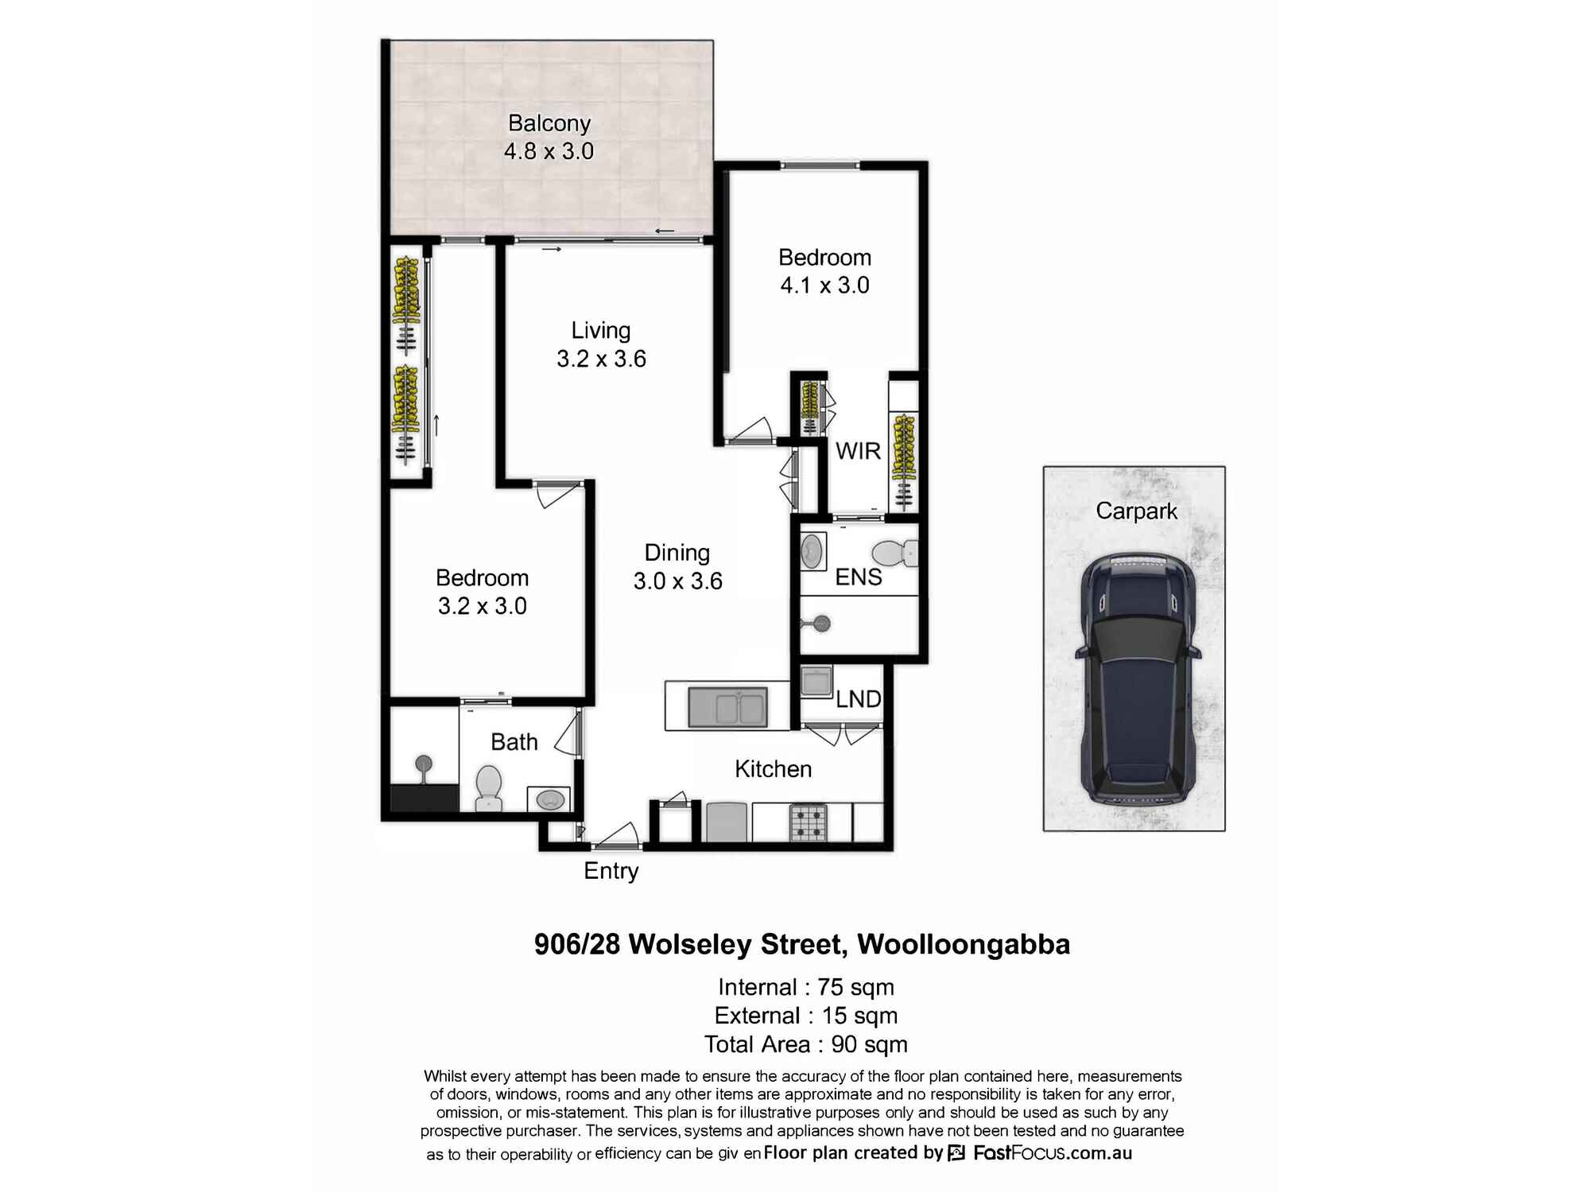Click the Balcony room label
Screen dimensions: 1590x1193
[x=549, y=123]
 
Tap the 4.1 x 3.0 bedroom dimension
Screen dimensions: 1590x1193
[x=824, y=285]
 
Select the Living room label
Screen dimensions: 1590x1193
[x=601, y=331]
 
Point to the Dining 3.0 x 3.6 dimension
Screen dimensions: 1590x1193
[x=677, y=581]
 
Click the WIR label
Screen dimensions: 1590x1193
[x=858, y=451]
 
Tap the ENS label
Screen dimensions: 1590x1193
[x=859, y=577]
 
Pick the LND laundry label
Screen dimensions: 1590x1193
[x=859, y=699]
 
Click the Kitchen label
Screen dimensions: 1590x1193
[x=773, y=769]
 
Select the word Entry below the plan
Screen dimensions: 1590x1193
[x=611, y=871]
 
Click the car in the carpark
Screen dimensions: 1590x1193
[x=1137, y=678]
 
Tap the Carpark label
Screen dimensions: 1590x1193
[x=1136, y=511]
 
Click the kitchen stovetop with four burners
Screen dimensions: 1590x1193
[x=809, y=822]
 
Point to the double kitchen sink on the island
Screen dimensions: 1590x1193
[x=727, y=707]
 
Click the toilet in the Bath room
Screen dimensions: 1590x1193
[x=488, y=787]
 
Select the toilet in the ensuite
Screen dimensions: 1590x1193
[x=894, y=553]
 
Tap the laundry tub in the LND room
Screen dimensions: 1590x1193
[x=816, y=682]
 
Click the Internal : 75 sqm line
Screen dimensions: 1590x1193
[x=805, y=987]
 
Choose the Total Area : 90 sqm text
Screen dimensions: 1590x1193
[x=805, y=1044]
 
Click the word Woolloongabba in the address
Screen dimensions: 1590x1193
[x=964, y=945]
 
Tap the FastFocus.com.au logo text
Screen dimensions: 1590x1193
[x=1053, y=1152]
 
